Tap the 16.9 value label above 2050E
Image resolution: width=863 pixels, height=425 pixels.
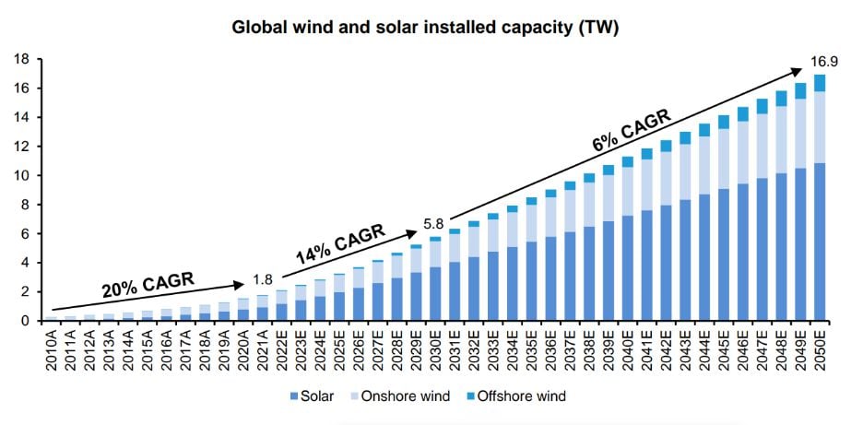click(x=823, y=62)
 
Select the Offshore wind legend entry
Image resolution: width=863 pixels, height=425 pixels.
click(x=519, y=396)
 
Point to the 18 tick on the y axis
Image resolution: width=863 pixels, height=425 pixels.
click(x=25, y=59)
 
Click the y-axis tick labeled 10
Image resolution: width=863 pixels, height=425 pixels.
click(x=25, y=175)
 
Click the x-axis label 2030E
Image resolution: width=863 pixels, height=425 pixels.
click(x=435, y=349)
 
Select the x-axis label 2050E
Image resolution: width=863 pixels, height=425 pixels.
click(x=820, y=349)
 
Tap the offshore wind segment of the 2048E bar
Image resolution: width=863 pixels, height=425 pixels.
click(x=781, y=99)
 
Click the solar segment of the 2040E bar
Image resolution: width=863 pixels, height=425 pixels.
click(x=627, y=267)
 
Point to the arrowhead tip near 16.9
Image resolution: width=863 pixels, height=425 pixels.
click(x=800, y=69)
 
